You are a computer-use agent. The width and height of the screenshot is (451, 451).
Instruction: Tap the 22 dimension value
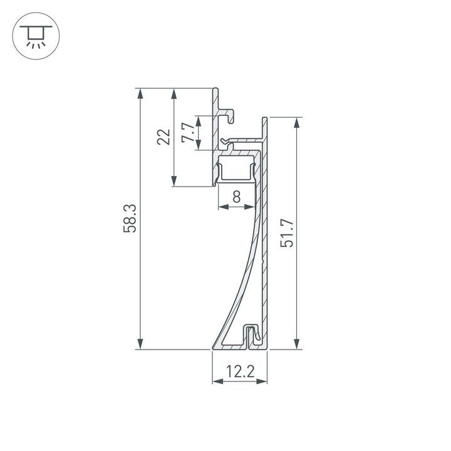[163, 137]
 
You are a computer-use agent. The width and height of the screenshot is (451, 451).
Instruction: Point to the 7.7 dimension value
[187, 133]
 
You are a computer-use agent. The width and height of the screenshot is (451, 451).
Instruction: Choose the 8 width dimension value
[236, 197]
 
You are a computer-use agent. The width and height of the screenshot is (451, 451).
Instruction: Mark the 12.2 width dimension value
[240, 373]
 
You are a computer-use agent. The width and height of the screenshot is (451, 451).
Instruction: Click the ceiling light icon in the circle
[36, 36]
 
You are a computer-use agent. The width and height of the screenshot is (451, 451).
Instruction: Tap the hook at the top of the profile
[229, 115]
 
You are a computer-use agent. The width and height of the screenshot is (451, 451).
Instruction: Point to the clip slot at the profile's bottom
[252, 334]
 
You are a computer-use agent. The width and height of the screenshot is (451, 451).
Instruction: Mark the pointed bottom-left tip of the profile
[214, 347]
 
